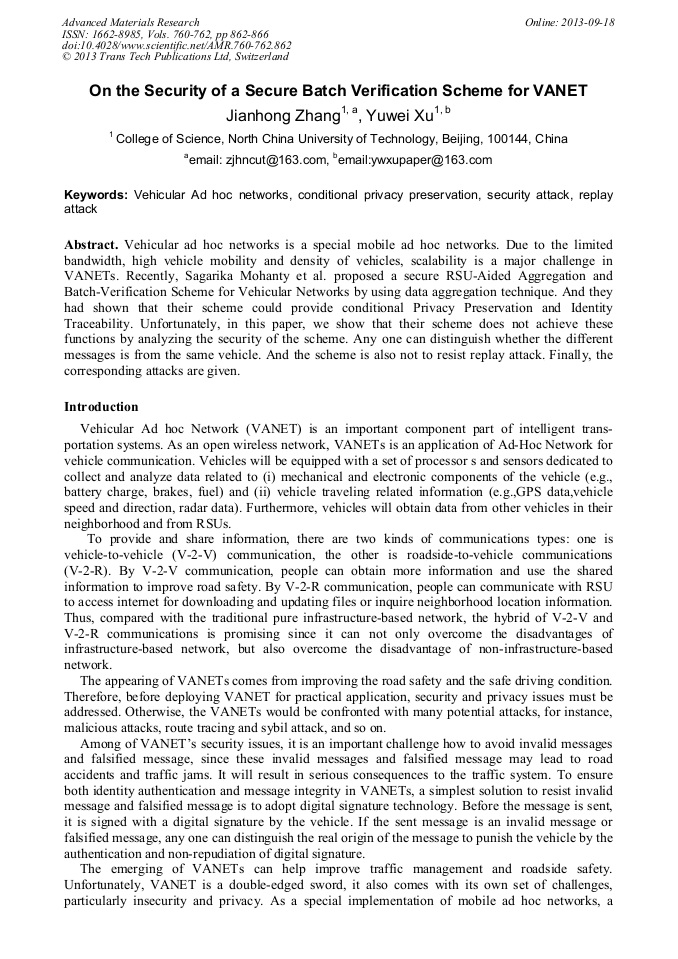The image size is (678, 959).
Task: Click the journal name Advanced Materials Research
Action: coord(130,22)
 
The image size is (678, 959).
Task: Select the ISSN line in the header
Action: coord(164,34)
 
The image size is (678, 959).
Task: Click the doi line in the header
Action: coord(176,45)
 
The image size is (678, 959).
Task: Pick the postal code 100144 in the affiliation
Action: coord(506,139)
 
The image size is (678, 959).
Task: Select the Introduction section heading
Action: coord(101,407)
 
